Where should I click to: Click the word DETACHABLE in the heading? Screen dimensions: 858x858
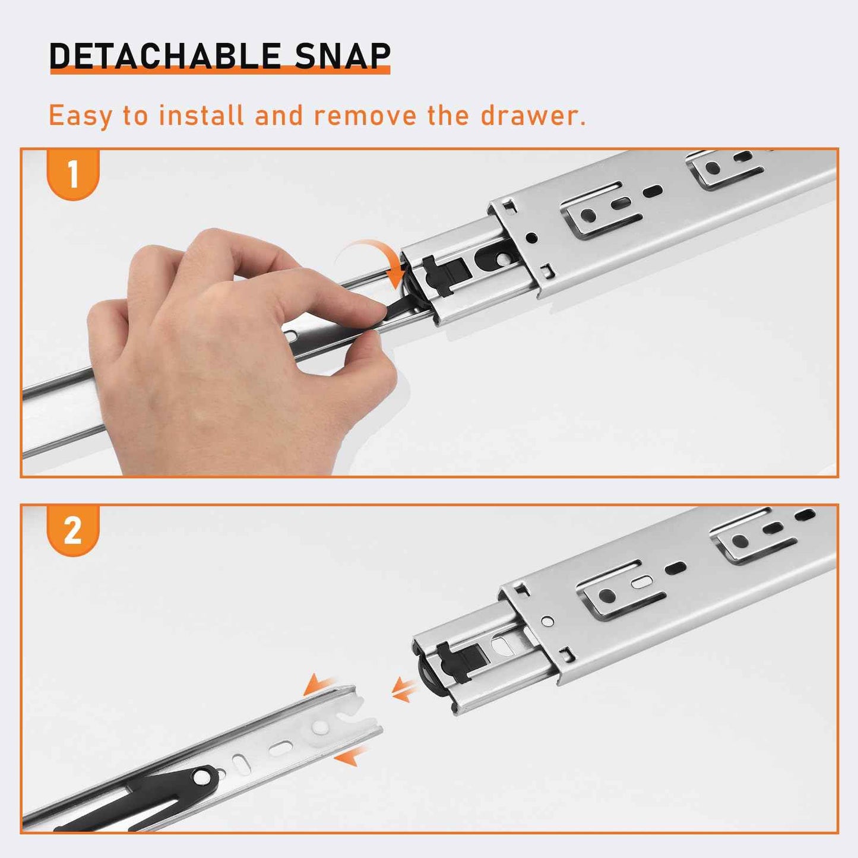pos(165,56)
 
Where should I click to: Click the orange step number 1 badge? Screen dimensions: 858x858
pos(73,175)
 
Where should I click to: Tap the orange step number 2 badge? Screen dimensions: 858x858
pos(73,531)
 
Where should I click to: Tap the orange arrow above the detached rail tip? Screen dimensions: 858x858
pos(319,686)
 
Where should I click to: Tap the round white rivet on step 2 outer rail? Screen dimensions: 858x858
pos(548,620)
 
